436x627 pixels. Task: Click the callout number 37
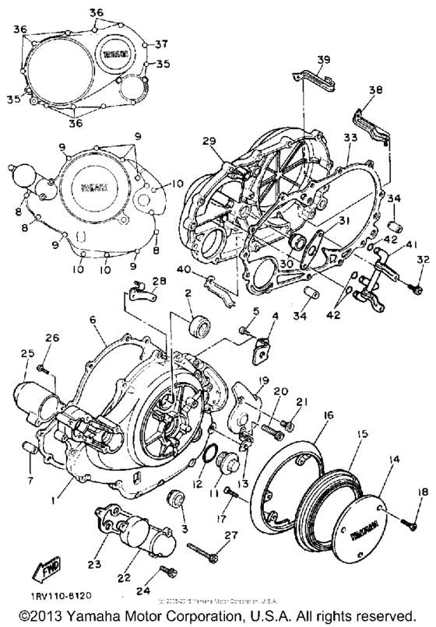click(162, 43)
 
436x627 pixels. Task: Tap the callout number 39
click(324, 59)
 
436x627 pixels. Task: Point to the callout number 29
click(230, 140)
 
